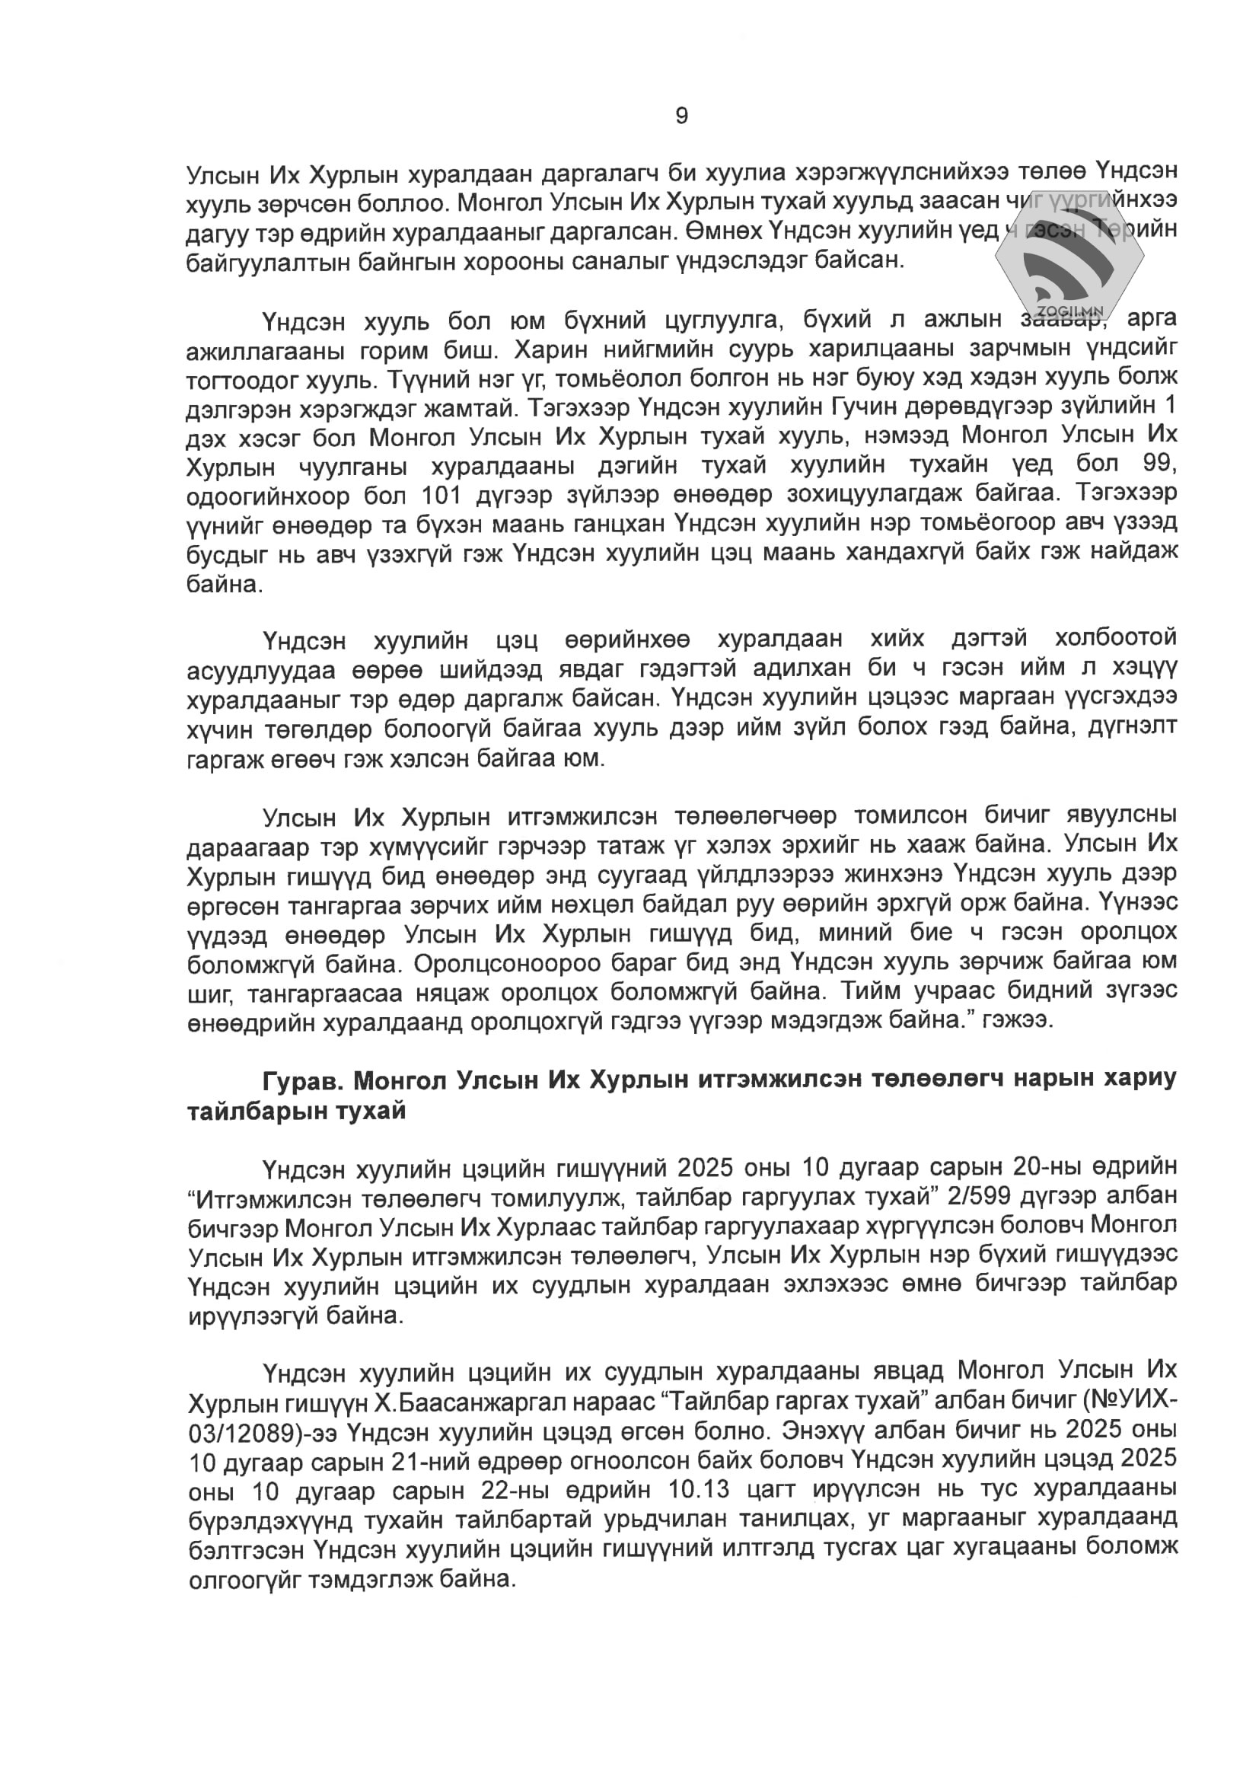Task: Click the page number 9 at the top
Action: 681,116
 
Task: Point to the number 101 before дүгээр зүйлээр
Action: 442,495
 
